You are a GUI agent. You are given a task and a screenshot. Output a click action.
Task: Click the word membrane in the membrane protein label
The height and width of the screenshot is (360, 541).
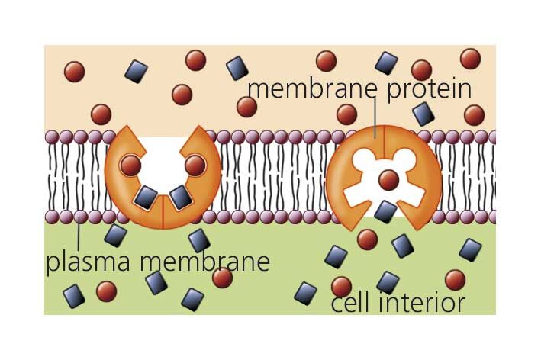point(310,88)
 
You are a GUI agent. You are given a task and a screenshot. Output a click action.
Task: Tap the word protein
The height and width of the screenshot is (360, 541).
point(425,89)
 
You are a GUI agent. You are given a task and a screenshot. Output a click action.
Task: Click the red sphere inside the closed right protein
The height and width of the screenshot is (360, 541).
point(388,180)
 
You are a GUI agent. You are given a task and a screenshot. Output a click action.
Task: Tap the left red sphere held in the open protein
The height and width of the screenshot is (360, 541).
point(130,165)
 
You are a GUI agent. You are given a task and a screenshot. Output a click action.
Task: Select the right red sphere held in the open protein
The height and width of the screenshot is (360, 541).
point(195,165)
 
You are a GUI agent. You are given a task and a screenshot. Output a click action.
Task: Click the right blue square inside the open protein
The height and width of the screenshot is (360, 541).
point(180,198)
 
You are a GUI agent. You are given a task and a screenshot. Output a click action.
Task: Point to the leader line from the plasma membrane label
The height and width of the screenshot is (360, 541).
point(79,233)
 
